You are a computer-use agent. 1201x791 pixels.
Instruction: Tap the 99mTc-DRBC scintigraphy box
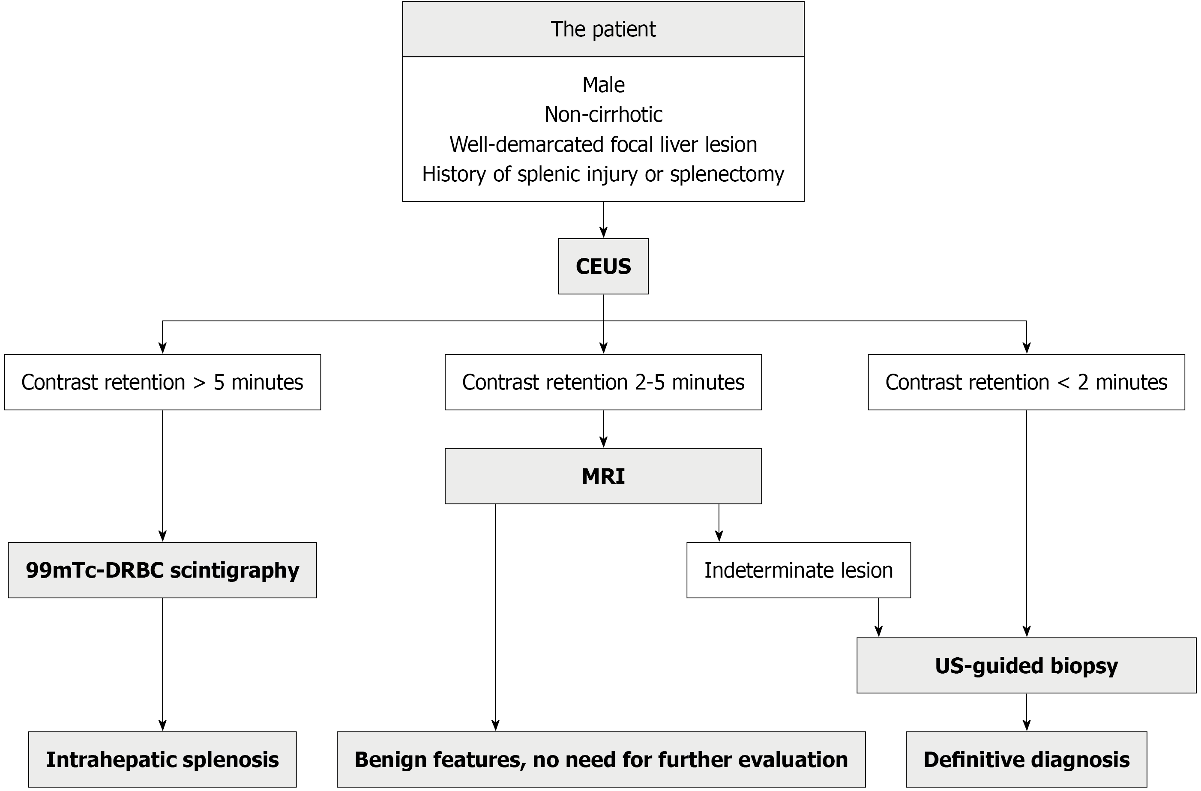pyautogui.click(x=162, y=570)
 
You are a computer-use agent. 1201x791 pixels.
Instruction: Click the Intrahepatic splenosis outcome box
pyautogui.click(x=162, y=759)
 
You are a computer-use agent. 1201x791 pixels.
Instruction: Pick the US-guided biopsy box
pyautogui.click(x=1027, y=665)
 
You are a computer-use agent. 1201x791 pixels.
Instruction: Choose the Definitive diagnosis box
pyautogui.click(x=1027, y=759)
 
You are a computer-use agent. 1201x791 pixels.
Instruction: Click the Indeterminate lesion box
pyautogui.click(x=799, y=570)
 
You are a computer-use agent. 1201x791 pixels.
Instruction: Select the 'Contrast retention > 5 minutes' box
pyautogui.click(x=162, y=382)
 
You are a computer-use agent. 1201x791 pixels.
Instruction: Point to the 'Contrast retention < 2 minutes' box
pyautogui.click(x=1027, y=382)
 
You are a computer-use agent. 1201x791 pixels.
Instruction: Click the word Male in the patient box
pyautogui.click(x=604, y=85)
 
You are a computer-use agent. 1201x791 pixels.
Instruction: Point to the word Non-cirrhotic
pyautogui.click(x=604, y=114)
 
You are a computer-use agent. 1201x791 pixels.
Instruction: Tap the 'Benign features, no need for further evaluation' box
pyautogui.click(x=601, y=759)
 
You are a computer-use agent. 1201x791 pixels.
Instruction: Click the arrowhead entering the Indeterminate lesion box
pyautogui.click(x=719, y=536)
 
